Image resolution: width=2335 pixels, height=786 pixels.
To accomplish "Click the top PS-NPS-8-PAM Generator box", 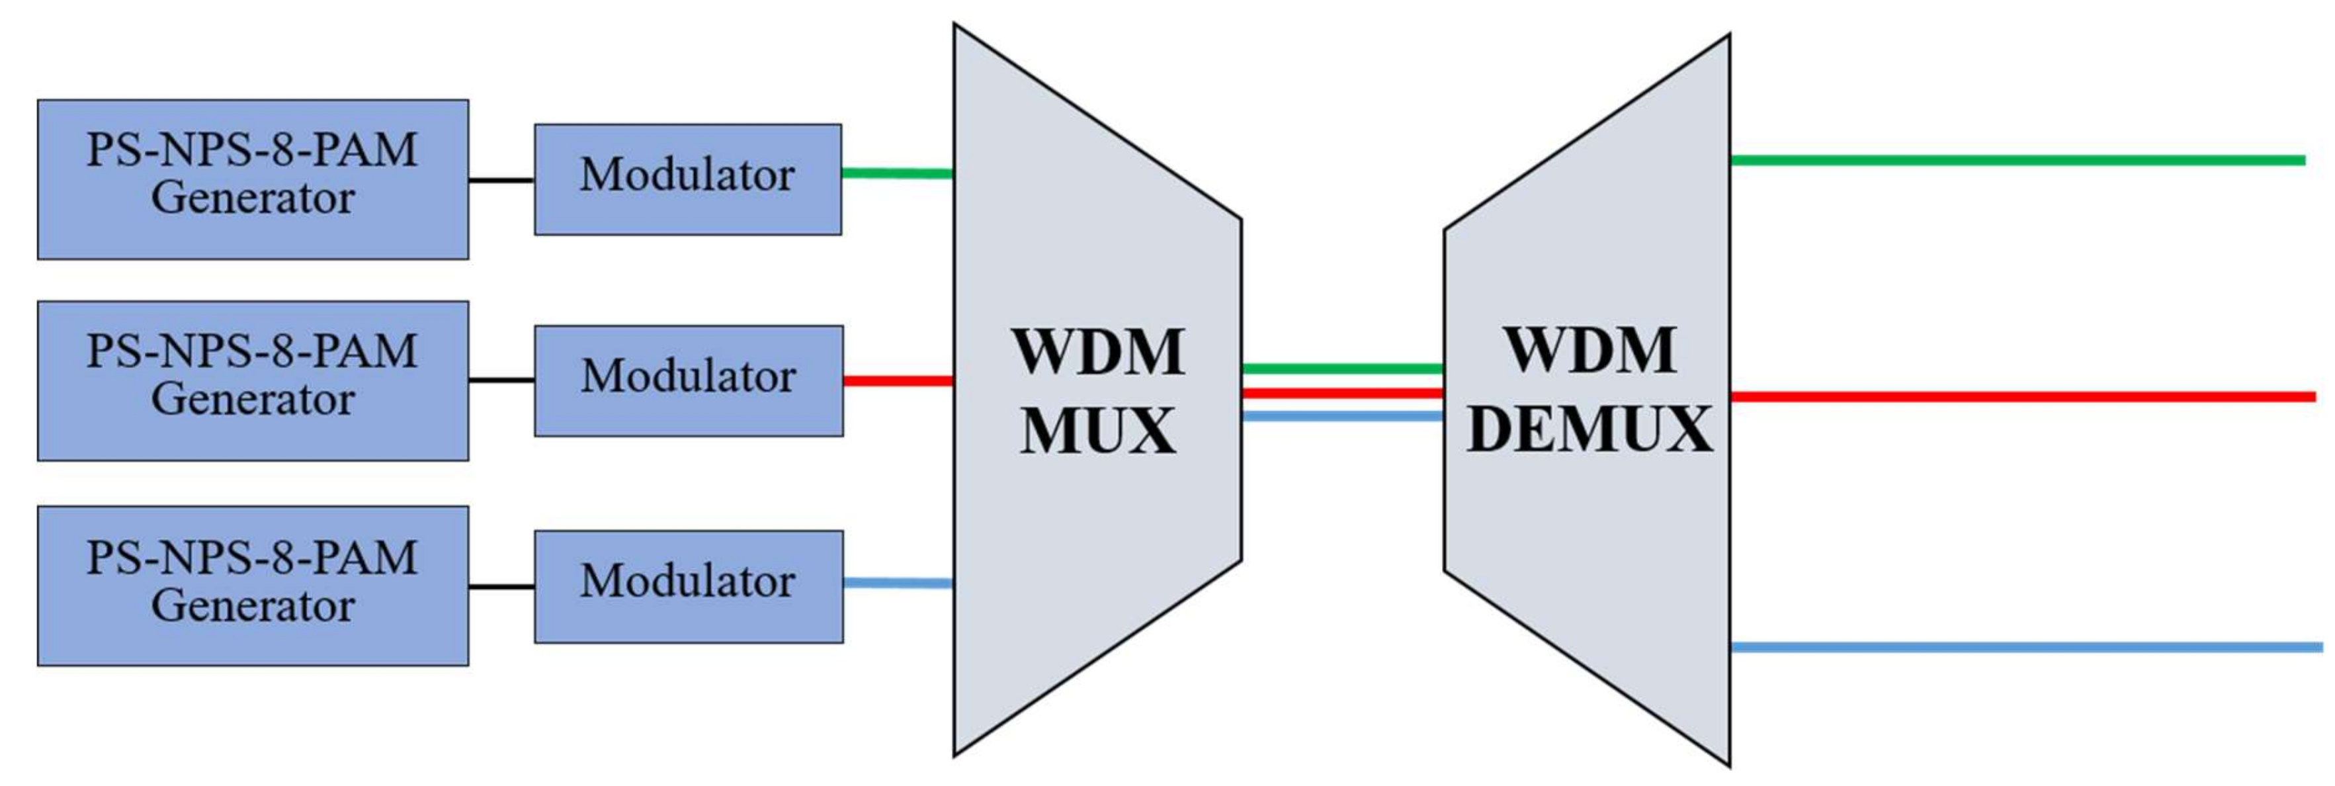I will (x=253, y=179).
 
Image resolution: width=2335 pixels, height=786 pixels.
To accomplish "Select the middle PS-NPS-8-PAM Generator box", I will (x=253, y=381).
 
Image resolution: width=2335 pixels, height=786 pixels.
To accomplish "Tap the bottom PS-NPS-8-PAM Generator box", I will (x=253, y=586).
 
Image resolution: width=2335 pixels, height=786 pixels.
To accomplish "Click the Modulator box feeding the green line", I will (x=688, y=179).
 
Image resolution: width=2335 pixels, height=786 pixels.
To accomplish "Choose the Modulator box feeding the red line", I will (x=689, y=381).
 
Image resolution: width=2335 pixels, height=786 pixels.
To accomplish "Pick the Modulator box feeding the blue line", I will (x=689, y=587).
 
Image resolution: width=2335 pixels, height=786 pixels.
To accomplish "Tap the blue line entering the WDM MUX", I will (x=898, y=583).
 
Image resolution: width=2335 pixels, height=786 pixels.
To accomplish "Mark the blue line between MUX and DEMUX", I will (x=1341, y=416).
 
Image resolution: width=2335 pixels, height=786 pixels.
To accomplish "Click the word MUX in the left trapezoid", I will (x=1097, y=431).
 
